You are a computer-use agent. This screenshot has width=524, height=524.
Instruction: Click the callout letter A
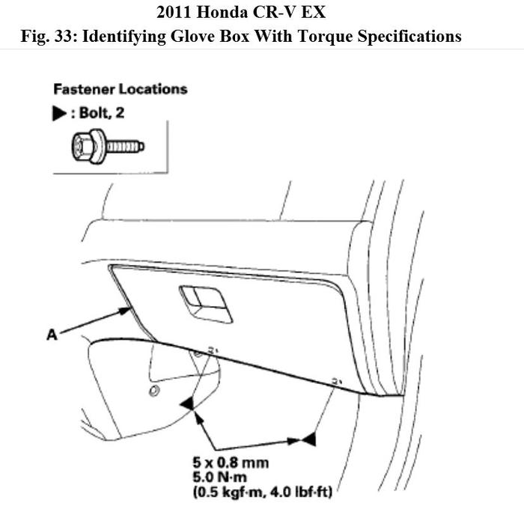point(52,335)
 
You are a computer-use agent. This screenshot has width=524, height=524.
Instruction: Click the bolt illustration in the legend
point(104,147)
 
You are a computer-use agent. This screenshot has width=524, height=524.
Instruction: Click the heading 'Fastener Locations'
point(120,89)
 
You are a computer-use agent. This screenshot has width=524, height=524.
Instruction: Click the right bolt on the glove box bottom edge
point(335,382)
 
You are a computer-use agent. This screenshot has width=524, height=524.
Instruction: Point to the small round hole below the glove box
point(153,392)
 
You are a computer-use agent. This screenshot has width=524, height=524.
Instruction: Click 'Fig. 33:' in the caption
point(49,35)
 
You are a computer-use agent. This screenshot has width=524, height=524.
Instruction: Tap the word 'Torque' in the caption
point(318,35)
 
